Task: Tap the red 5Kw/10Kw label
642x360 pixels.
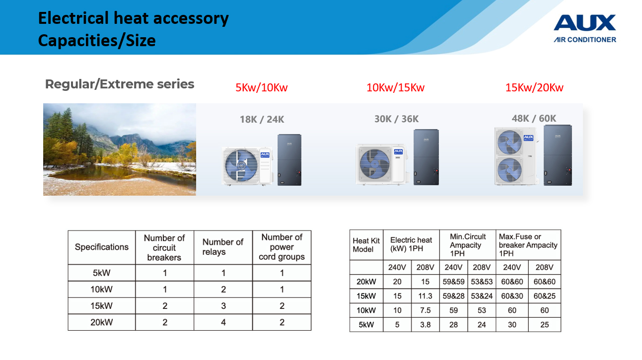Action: (x=261, y=87)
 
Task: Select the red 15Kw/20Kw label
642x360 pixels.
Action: (x=534, y=87)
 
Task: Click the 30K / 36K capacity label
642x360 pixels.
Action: (x=396, y=119)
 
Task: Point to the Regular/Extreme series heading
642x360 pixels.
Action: (x=120, y=84)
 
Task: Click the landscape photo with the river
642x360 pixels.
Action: (x=120, y=149)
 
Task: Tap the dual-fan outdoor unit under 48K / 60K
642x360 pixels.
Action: (x=516, y=156)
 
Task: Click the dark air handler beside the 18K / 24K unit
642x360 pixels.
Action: (x=289, y=160)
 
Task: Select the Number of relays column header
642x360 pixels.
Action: (x=223, y=247)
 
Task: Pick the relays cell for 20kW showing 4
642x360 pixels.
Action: (x=223, y=322)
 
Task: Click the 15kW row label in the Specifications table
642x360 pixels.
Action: (x=101, y=306)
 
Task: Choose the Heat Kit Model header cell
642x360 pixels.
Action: (x=366, y=245)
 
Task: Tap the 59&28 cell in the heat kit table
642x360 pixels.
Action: (x=453, y=296)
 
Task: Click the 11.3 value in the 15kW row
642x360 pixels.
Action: (x=425, y=296)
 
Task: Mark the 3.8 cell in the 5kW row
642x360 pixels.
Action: (x=425, y=324)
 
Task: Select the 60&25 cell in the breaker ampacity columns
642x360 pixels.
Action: (x=544, y=296)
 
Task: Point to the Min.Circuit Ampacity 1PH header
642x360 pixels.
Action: (x=467, y=245)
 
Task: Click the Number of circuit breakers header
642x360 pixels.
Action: (x=164, y=247)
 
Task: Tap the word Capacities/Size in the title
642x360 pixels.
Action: (x=97, y=40)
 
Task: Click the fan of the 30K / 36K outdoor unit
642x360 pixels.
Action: (x=374, y=164)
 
